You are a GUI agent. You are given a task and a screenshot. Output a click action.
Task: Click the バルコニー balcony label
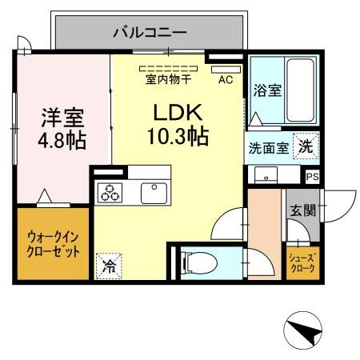[x=149, y=34]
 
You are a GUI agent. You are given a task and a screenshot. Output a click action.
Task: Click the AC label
[x=225, y=79]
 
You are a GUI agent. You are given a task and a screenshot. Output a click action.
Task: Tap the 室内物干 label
[x=169, y=79]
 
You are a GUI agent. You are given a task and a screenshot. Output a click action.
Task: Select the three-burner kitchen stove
[x=110, y=192]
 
